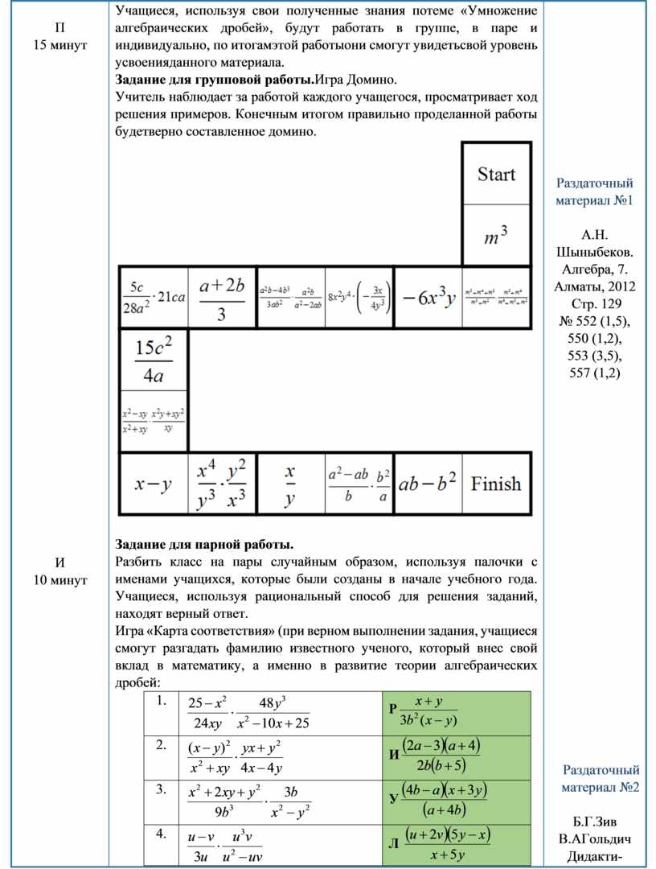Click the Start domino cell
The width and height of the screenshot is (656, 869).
[x=496, y=175]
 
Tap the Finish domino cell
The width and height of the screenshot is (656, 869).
[x=496, y=484]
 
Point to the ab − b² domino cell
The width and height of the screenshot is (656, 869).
[x=428, y=484]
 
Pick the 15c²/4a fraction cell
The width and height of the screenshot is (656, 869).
[x=152, y=358]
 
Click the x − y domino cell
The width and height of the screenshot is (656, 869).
[x=152, y=484]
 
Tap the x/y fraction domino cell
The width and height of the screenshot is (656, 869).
[x=290, y=484]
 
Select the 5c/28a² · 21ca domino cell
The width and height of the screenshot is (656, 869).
[x=153, y=299]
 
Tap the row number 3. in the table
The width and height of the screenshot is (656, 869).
[x=163, y=788]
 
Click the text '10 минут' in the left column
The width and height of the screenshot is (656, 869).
[x=60, y=579]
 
